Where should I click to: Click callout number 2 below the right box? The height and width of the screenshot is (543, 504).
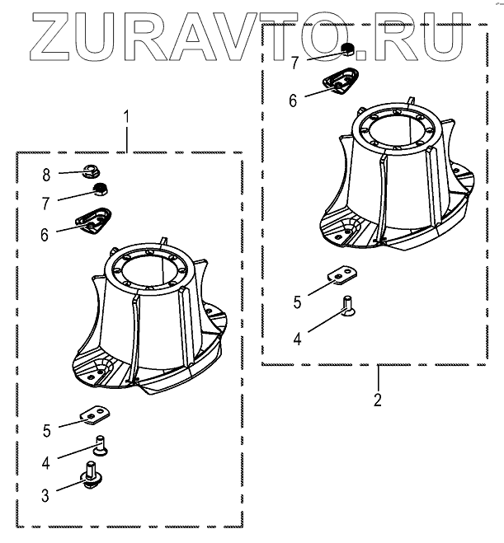click(378, 401)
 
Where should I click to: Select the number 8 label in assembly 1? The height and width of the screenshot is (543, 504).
click(47, 175)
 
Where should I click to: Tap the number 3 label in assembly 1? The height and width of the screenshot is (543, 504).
click(45, 495)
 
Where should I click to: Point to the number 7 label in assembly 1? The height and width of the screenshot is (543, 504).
click(47, 201)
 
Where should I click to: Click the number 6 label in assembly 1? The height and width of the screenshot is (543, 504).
click(45, 233)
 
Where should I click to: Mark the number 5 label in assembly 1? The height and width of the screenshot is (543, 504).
click(46, 430)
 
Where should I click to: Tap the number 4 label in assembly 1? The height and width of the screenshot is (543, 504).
click(46, 462)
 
